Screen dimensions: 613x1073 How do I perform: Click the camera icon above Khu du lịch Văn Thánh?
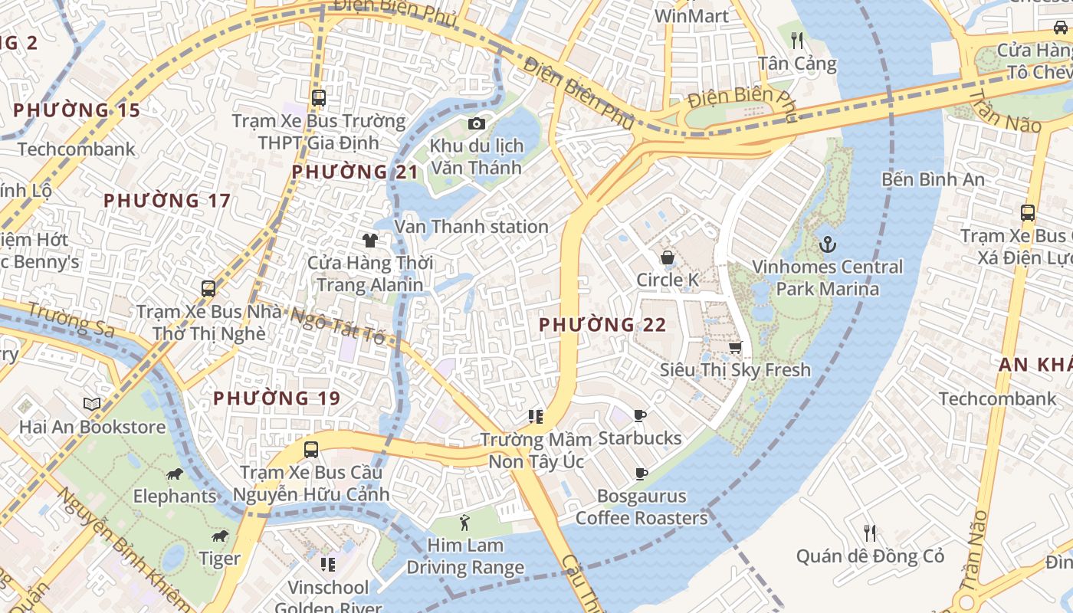[x=476, y=123]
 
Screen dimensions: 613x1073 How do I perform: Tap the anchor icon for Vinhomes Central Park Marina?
[x=827, y=245]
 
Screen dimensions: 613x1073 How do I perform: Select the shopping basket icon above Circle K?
[x=668, y=257]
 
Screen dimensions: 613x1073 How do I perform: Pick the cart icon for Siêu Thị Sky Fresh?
[x=735, y=348]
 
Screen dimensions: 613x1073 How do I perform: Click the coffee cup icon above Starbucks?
[x=640, y=416]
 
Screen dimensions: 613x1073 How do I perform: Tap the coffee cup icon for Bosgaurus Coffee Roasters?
[x=641, y=474]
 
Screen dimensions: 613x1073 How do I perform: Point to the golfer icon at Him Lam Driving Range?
[x=464, y=523]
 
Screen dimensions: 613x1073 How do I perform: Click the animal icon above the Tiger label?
[x=220, y=536]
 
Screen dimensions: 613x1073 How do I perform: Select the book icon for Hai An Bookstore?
[x=92, y=404]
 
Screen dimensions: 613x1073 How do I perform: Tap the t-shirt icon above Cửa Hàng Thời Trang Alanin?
[x=370, y=241]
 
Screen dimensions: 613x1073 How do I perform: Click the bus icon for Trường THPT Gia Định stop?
[x=319, y=98]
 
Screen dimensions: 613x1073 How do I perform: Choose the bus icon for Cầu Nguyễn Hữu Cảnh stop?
[x=311, y=450]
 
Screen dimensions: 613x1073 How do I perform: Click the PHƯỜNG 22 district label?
[x=602, y=325]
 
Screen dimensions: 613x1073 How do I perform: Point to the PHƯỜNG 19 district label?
[x=277, y=398]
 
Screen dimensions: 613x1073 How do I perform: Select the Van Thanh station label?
[x=471, y=227]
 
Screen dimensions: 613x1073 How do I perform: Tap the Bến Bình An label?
[x=933, y=179]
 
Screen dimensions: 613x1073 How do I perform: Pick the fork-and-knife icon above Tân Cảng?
[x=797, y=40]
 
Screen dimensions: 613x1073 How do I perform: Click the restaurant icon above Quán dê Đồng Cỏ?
[x=870, y=533]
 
